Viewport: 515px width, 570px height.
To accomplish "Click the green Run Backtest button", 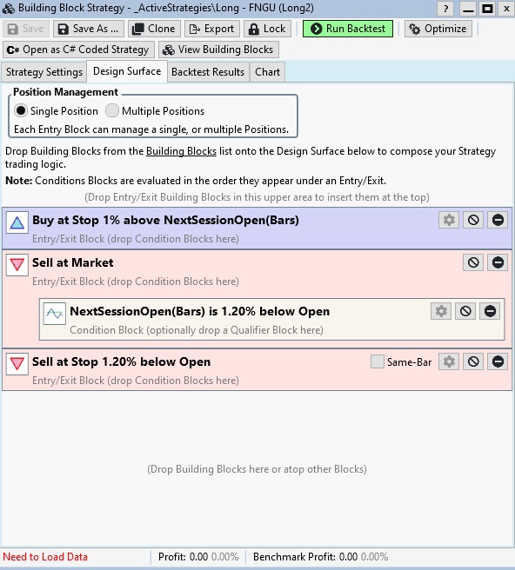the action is click(348, 29).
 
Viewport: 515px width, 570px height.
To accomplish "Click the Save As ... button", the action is click(89, 29).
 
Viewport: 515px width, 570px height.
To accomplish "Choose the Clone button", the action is click(154, 29).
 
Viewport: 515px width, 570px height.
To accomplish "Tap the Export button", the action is click(212, 29).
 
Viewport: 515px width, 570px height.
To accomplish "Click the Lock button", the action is click(267, 29).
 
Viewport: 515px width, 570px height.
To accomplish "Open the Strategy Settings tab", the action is click(44, 72).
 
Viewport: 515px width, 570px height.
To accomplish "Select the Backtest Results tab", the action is click(208, 72).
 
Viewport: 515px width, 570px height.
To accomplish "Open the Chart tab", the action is click(268, 72).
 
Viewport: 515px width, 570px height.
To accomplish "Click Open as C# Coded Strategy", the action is click(78, 50).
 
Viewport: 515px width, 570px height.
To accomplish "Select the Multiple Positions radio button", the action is click(112, 110).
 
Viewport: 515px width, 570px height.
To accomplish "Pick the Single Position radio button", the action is click(21, 110).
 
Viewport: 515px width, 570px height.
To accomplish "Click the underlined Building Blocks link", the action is click(181, 151).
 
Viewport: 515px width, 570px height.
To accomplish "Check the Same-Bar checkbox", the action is click(378, 361).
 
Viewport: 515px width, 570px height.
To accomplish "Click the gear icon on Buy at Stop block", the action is click(449, 220).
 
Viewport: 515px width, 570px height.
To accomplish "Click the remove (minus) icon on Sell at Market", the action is click(498, 262).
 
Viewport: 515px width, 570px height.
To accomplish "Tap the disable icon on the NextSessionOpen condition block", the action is click(465, 311).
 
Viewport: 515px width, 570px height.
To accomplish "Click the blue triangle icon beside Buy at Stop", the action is click(17, 222).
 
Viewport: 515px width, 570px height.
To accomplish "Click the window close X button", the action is click(506, 9).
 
